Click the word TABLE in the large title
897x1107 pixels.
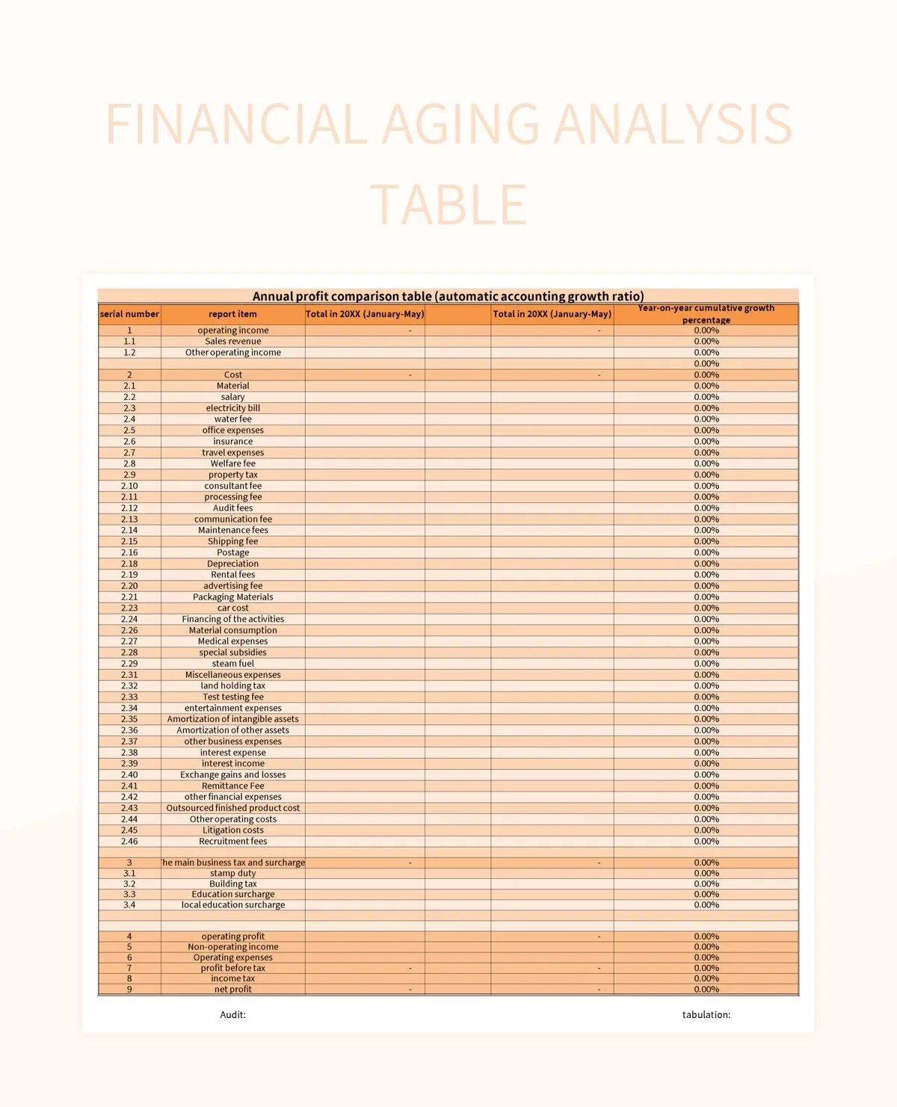click(449, 204)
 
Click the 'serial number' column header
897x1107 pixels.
click(129, 314)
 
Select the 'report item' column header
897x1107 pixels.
click(232, 314)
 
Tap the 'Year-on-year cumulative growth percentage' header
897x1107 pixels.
click(706, 314)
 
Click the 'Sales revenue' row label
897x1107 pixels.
click(232, 341)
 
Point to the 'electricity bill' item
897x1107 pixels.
click(232, 408)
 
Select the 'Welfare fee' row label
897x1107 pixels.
click(232, 463)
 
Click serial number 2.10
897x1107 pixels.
click(129, 486)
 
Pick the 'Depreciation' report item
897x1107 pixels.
click(232, 564)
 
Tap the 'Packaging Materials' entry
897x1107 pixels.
click(232, 596)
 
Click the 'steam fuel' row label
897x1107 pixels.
click(232, 663)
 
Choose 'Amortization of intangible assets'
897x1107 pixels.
click(232, 719)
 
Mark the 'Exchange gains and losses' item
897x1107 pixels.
click(232, 774)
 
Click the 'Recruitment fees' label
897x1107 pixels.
click(232, 841)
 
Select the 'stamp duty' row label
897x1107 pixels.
click(232, 873)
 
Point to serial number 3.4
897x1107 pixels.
click(129, 904)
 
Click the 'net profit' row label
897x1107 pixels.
click(232, 989)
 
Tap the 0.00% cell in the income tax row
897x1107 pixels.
click(706, 978)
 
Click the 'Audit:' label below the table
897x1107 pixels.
click(232, 1014)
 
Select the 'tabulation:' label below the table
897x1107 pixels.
click(706, 1014)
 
